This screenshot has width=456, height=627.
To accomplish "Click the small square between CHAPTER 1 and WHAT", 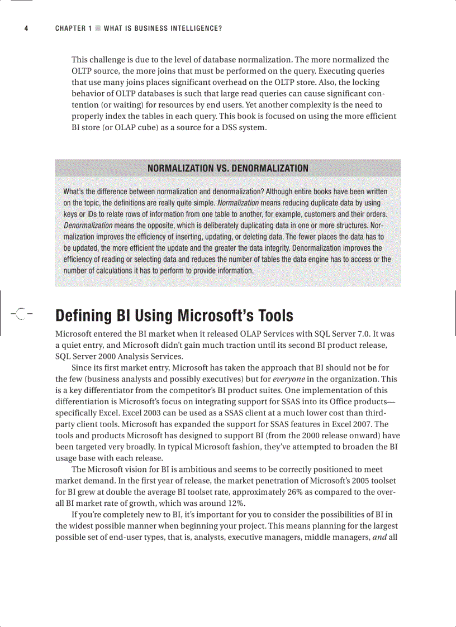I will coord(98,28).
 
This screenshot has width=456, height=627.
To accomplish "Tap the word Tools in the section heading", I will coord(275,316).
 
